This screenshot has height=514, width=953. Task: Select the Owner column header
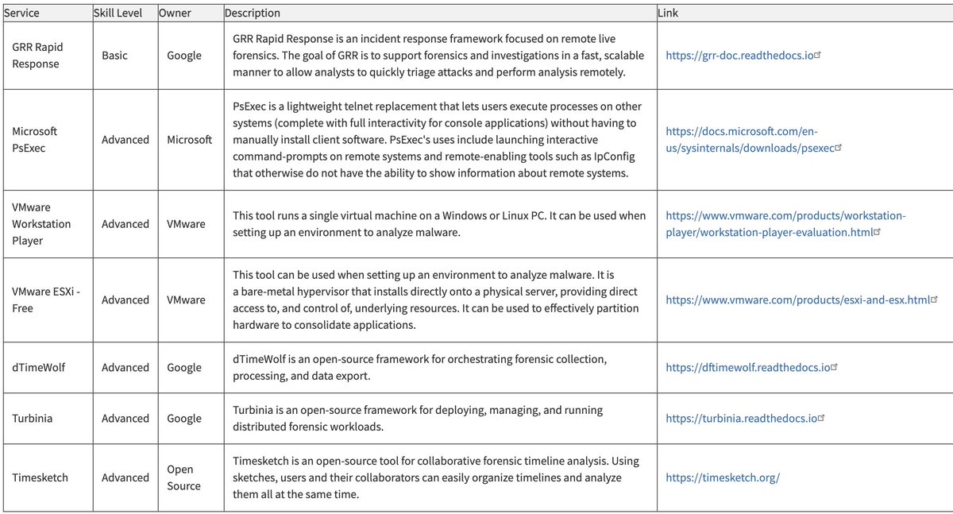pos(174,14)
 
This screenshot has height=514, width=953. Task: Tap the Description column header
pos(253,14)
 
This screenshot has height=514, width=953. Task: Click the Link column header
pos(668,14)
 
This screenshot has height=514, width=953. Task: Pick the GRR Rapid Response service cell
pos(37,56)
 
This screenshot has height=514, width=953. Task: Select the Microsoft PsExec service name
pos(35,139)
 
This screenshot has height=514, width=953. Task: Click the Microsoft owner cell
pos(189,140)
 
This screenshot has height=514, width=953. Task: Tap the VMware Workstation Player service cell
pos(41,224)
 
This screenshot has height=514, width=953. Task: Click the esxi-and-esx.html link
pos(797,300)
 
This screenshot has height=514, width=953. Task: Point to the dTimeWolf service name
pos(38,368)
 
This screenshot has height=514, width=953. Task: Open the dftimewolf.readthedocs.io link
pos(748,368)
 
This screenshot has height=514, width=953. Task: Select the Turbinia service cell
pos(33,419)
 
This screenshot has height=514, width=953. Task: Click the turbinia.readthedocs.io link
pos(741,419)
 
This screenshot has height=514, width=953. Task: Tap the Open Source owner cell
pos(183,477)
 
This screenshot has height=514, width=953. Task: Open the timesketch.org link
pos(723,477)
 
